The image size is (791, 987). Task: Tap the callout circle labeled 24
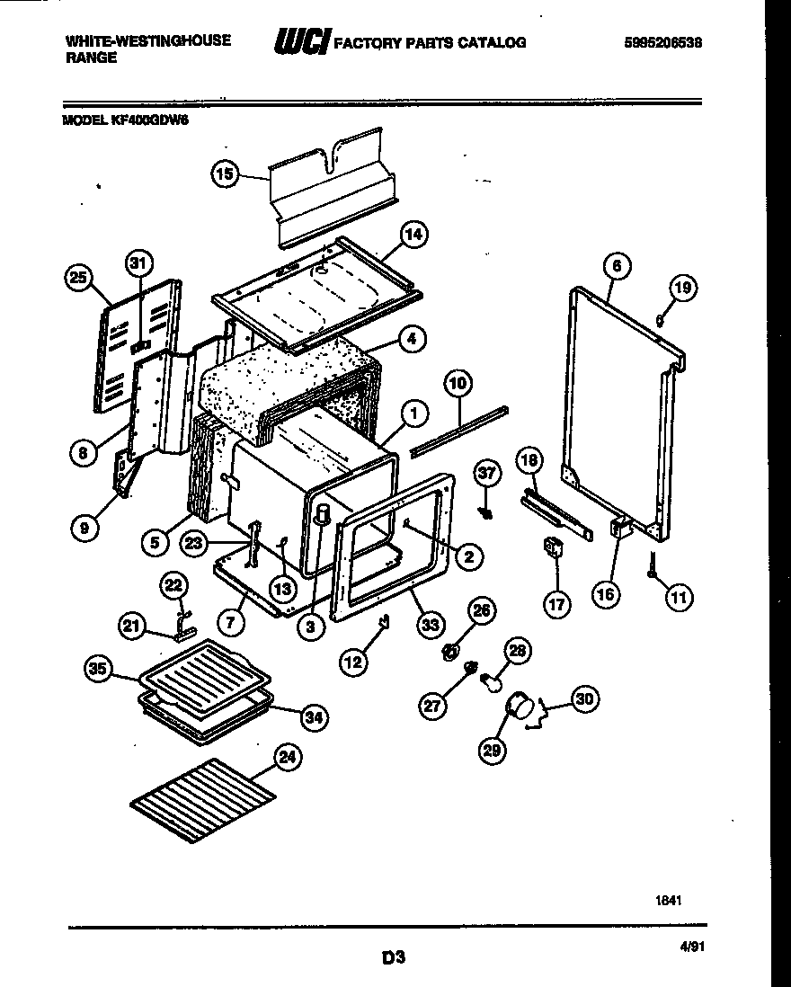point(287,759)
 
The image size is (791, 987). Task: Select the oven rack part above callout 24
point(201,799)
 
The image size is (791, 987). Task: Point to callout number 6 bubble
point(616,265)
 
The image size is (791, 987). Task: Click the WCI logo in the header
point(301,41)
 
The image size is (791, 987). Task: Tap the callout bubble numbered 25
point(79,279)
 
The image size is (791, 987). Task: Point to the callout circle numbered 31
point(137,262)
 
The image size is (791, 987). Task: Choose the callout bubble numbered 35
point(98,668)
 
